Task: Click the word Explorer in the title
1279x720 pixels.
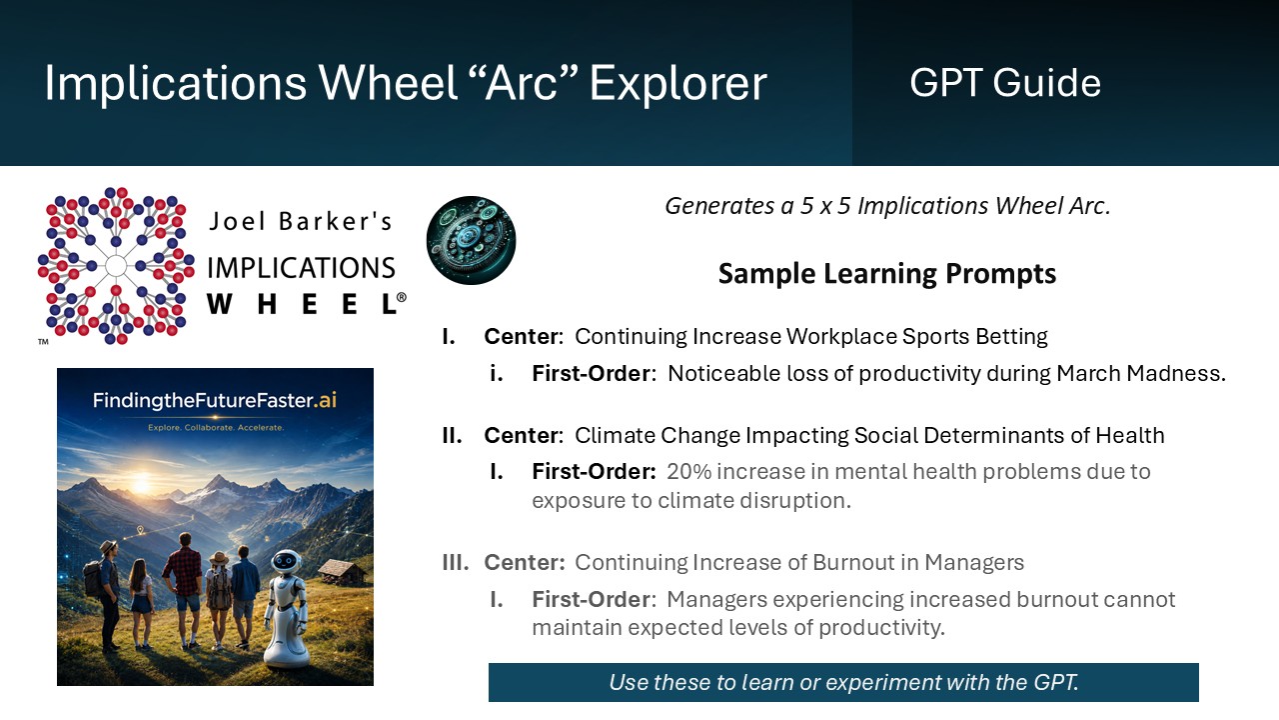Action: [677, 84]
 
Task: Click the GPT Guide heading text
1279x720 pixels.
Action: [1005, 83]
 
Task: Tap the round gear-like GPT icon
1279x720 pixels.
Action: [471, 241]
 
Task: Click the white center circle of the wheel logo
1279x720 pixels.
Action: [116, 266]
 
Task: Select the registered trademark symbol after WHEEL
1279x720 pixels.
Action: [402, 297]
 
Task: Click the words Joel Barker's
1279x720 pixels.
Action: [301, 221]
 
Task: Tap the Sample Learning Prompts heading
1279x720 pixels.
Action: [887, 273]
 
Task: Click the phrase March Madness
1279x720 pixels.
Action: [1141, 373]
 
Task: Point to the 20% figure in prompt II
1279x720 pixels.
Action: [689, 471]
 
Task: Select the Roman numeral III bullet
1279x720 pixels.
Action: [455, 562]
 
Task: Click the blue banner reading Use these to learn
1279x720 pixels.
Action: [843, 682]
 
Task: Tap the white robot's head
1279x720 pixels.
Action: [286, 562]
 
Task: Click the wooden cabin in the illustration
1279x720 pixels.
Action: [343, 572]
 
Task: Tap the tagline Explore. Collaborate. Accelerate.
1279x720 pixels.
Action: [215, 427]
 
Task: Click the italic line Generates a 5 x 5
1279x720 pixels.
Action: [888, 206]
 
